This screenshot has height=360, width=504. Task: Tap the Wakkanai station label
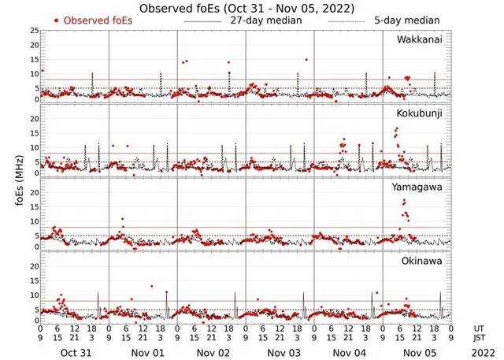(x=418, y=39)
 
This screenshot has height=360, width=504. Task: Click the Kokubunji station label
(x=419, y=113)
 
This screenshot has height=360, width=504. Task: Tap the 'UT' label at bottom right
(x=479, y=327)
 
